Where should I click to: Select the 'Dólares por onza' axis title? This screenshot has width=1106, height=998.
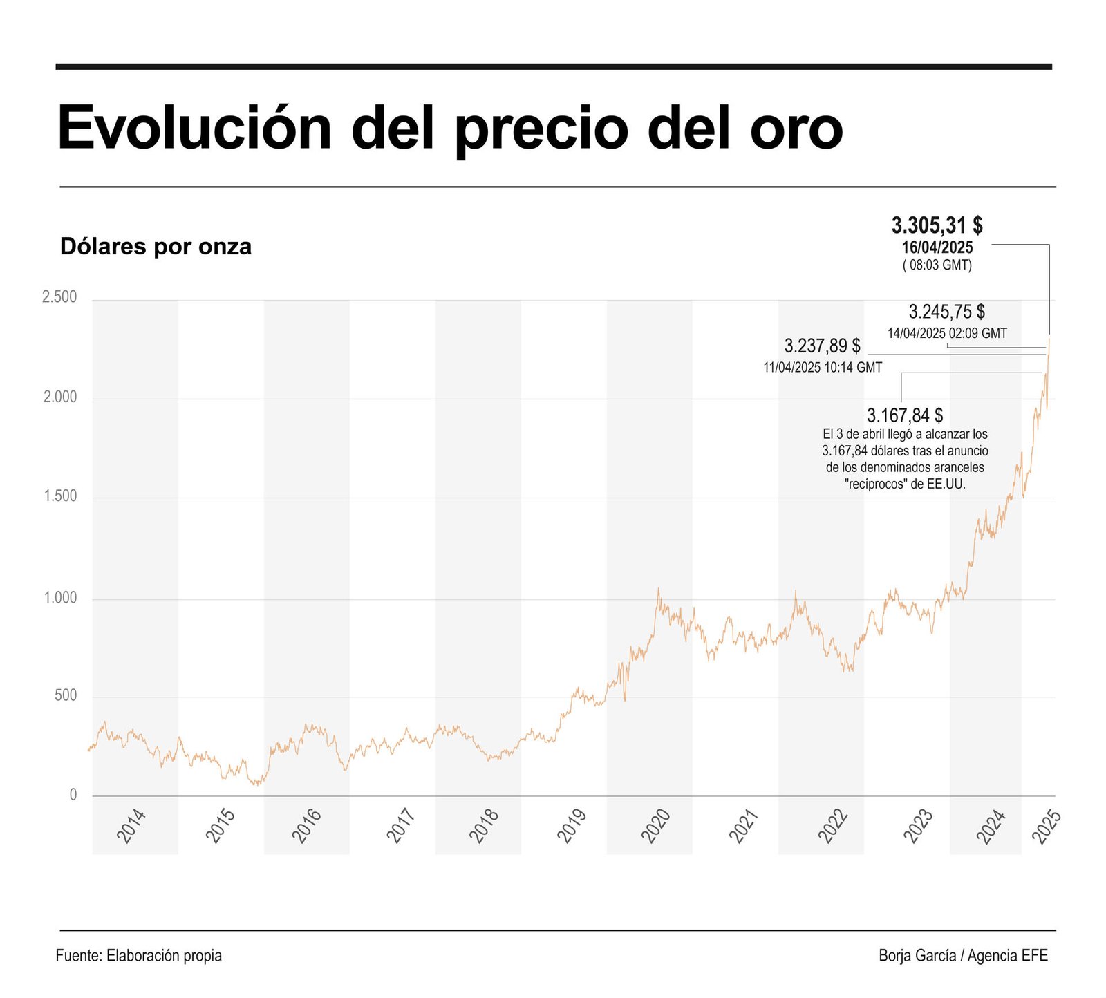pos(156,247)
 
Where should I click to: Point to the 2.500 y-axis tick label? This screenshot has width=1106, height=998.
pos(59,297)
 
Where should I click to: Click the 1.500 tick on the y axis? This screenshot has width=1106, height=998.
pos(59,496)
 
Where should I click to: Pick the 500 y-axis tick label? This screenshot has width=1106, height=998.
pos(66,695)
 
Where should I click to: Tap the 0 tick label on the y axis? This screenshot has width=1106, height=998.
pos(73,795)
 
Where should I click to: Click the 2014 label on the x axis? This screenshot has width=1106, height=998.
pos(131,826)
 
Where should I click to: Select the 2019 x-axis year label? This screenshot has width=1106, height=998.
pos(572,826)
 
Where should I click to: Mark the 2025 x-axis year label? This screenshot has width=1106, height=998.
pos(1046,826)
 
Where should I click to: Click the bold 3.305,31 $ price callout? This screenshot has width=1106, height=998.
pos(937,225)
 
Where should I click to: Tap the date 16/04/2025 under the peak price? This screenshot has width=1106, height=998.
pos(937,247)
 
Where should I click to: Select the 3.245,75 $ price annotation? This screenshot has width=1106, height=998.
pos(946,312)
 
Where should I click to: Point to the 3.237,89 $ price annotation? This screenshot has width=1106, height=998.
pos(822,346)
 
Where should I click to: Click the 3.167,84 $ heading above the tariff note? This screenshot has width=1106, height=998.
pos(905,415)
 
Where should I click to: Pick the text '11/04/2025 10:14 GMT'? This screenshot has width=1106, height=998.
pos(823,368)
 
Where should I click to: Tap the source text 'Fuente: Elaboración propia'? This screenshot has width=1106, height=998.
pos(139,956)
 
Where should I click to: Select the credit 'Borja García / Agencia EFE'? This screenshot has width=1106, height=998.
pos(963,956)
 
